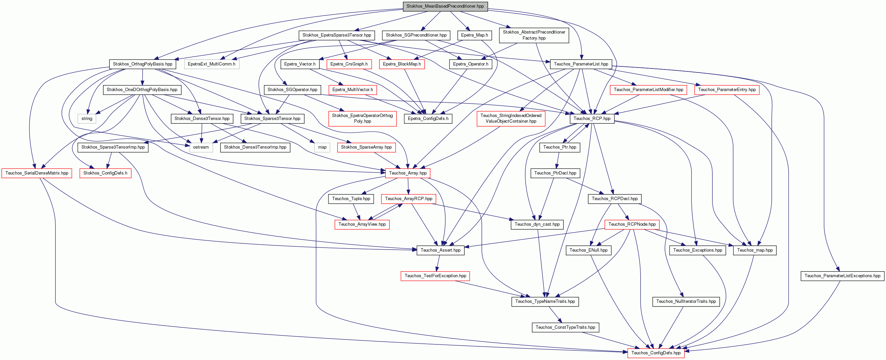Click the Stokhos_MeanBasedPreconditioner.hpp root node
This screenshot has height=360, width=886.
(x=445, y=6)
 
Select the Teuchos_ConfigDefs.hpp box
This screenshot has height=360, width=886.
(x=656, y=353)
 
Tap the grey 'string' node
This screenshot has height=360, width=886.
(x=87, y=119)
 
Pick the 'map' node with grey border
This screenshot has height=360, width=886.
(x=322, y=147)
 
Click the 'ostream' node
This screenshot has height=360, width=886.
(x=201, y=147)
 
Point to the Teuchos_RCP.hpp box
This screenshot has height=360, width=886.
(x=592, y=119)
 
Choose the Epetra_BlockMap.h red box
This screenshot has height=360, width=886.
(x=402, y=64)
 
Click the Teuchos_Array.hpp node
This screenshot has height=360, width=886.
(x=408, y=173)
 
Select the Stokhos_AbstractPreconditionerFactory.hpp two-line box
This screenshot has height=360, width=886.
(x=534, y=35)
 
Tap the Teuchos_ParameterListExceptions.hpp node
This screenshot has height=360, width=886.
(x=842, y=276)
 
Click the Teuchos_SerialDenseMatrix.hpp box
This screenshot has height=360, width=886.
(x=37, y=173)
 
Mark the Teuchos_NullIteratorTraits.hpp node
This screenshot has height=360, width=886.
(x=686, y=301)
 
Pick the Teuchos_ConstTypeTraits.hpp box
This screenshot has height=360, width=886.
(x=565, y=327)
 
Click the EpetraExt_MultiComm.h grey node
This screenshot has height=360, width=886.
(x=211, y=64)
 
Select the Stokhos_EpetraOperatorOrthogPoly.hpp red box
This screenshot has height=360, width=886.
(x=362, y=118)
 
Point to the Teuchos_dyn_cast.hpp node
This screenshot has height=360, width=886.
(x=537, y=224)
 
